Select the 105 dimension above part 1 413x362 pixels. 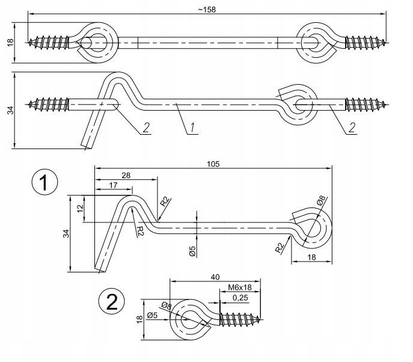213,162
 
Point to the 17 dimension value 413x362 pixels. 113,185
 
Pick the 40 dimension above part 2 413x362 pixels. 215,277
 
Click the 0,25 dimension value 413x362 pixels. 240,298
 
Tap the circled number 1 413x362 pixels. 45,183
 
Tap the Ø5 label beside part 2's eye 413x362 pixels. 151,314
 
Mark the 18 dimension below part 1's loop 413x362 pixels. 311,256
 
